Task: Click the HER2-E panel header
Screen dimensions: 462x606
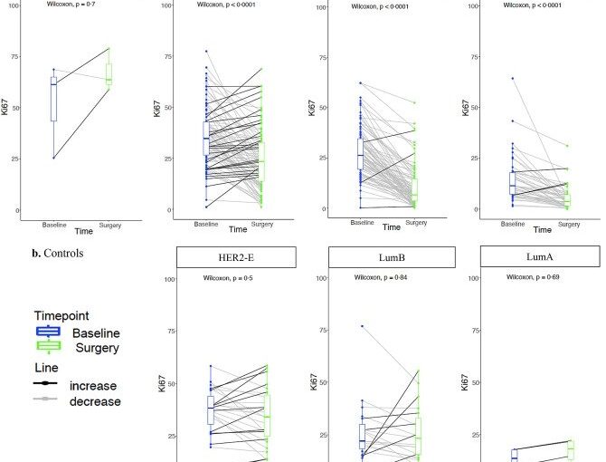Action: [236, 257]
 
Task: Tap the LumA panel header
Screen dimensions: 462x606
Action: [539, 256]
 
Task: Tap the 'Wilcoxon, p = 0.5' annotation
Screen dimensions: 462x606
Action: [227, 276]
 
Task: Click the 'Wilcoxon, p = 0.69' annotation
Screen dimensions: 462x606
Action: [531, 276]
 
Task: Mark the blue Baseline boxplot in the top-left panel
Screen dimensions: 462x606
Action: [53, 99]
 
